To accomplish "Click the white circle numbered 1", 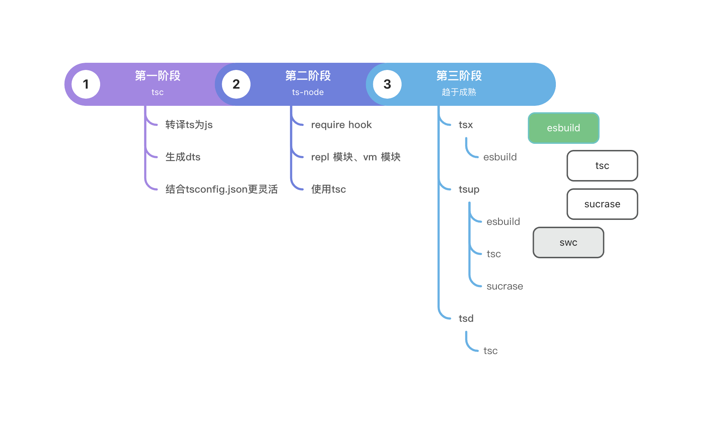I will [86, 84].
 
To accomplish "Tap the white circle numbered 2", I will [236, 84].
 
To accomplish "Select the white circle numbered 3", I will [387, 84].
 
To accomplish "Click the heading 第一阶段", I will [158, 76].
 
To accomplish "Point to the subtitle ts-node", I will [308, 92].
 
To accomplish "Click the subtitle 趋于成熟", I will [459, 92].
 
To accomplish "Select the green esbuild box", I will [563, 128].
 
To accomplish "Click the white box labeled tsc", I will [602, 166].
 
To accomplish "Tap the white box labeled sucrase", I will [602, 204].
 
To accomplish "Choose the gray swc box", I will [568, 242].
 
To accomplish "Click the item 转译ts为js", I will [189, 125].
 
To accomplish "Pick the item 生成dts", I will [183, 157].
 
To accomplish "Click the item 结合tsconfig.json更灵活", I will [221, 189].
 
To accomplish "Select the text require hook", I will [341, 125].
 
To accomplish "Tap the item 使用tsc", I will [328, 189].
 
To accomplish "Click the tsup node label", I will [469, 189].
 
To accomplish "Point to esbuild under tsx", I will [500, 157].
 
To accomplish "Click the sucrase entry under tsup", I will [505, 286].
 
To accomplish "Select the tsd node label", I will [466, 319].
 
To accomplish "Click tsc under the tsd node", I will [490, 351].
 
